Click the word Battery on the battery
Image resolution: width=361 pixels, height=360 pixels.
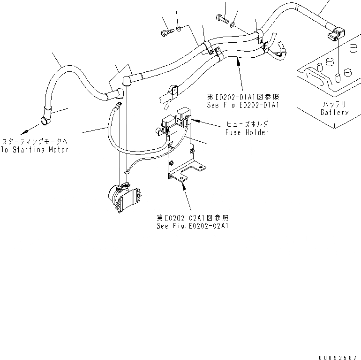[334, 113]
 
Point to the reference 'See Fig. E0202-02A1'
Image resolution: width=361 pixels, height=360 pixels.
[192, 226]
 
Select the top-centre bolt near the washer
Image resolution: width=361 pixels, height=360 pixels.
[221, 19]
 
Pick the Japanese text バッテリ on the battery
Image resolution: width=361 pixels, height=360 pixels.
[334, 104]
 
